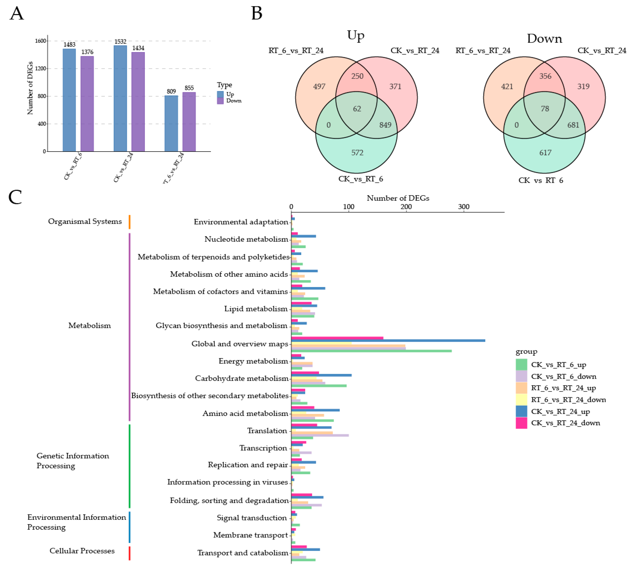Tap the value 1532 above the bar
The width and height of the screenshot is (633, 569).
[120, 42]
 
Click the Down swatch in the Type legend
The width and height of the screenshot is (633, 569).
[220, 101]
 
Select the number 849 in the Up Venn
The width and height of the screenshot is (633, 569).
[385, 125]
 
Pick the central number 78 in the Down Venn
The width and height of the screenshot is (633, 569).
[545, 109]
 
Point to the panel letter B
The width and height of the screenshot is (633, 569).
[257, 14]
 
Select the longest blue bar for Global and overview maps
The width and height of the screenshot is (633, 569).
[388, 340]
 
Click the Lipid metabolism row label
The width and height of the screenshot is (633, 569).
[255, 309]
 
